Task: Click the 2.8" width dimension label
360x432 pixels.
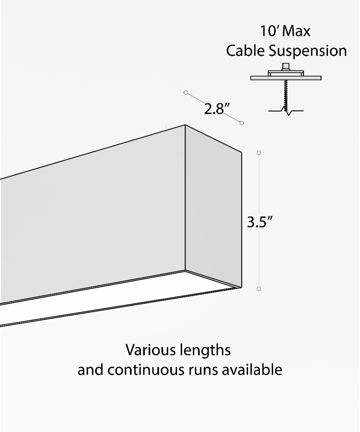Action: (217, 109)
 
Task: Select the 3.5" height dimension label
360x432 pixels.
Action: (260, 222)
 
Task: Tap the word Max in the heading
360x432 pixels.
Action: (296, 31)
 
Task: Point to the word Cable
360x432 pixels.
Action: (246, 51)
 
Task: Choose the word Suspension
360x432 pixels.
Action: (307, 51)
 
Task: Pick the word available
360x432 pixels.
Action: (252, 369)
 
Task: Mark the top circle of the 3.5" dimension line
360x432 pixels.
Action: (259, 153)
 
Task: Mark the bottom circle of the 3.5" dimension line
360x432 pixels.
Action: (259, 289)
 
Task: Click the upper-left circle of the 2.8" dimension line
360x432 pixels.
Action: (186, 93)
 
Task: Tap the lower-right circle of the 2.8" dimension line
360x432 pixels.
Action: (242, 123)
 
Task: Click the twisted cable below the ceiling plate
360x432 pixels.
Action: (286, 96)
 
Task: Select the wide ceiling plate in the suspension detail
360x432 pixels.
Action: (286, 78)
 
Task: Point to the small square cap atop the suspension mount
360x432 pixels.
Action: (286, 67)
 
